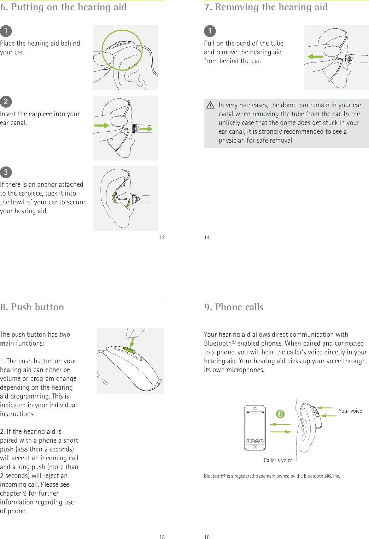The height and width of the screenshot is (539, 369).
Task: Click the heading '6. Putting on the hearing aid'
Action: [64, 7]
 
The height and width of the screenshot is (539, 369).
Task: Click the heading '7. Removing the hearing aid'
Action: [266, 7]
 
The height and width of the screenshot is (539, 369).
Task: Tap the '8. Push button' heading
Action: [32, 307]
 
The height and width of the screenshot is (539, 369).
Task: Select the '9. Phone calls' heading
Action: [234, 307]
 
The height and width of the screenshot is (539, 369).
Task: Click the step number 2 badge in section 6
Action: [6, 102]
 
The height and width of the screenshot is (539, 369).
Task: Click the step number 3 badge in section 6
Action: [6, 172]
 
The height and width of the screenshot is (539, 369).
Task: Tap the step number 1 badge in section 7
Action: [210, 31]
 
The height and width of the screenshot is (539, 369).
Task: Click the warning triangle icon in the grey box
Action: [210, 105]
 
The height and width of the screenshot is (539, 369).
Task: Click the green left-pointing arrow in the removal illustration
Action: [315, 56]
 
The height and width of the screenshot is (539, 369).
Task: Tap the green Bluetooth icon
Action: [280, 414]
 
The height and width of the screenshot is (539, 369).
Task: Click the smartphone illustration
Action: [255, 428]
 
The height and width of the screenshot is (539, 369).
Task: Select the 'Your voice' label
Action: [350, 411]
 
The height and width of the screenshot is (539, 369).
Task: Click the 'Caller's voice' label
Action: [278, 460]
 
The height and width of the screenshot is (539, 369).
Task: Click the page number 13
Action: [162, 238]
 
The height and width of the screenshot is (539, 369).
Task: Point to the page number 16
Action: [207, 537]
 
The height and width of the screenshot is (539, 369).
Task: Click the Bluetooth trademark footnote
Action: [272, 476]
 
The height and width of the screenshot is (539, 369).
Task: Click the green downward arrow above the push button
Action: [132, 342]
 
